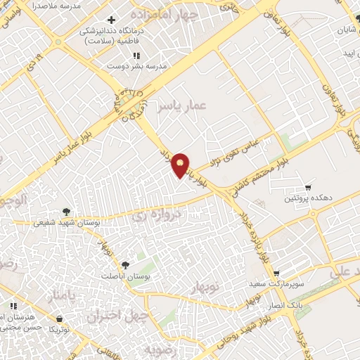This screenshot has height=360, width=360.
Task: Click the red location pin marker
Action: [181, 165]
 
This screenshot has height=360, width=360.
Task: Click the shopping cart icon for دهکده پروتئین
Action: [308, 187]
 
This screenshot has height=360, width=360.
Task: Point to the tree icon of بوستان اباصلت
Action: [125, 264]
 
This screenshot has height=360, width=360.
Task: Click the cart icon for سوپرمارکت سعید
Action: [276, 273]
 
